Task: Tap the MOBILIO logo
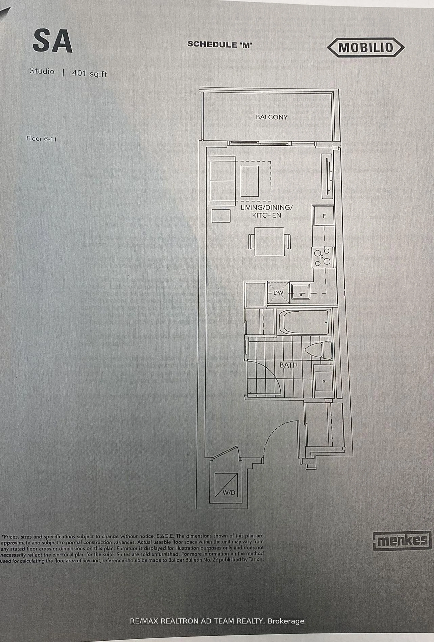[366, 48]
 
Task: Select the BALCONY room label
[272, 117]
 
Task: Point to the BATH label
[288, 365]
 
